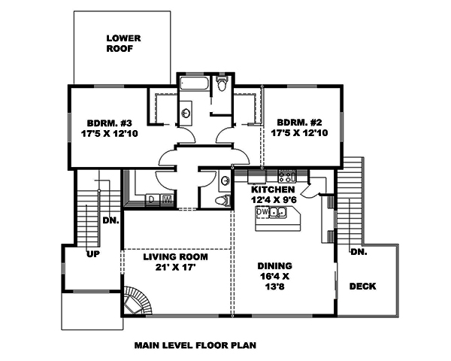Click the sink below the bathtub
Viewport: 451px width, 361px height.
point(186,113)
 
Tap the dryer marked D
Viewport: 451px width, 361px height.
point(152,199)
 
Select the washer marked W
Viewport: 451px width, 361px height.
point(166,199)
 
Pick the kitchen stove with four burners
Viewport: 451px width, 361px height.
point(286,176)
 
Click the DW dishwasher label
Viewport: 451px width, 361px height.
point(263,213)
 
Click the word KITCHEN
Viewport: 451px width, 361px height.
point(274,190)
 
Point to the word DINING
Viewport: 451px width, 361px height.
point(274,265)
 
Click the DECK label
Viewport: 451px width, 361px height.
point(362,287)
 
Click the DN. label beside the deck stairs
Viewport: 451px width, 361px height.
point(359,252)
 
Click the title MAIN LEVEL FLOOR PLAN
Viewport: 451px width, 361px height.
point(195,347)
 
